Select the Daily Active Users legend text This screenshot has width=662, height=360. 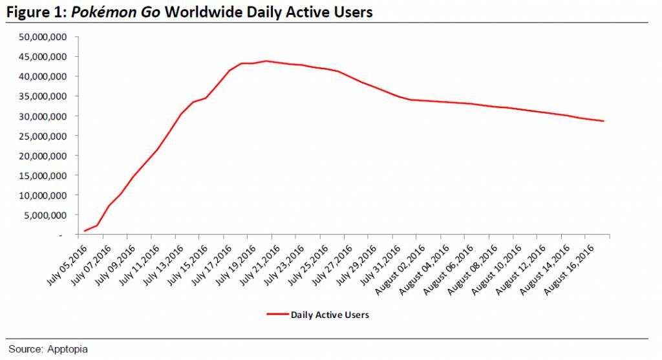330,315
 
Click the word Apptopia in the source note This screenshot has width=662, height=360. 67,349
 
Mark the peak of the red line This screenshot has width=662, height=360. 266,61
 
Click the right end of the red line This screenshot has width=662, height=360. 604,121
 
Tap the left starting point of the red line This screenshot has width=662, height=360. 85,231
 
